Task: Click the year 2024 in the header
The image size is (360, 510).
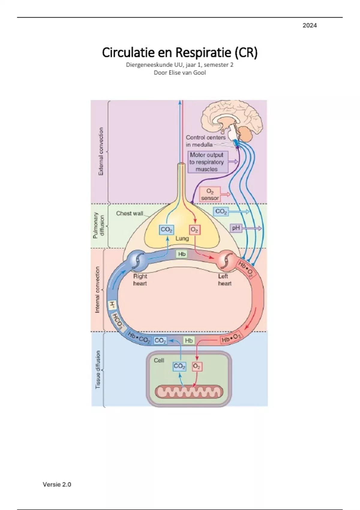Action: click(x=310, y=25)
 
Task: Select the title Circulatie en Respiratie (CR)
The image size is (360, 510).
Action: click(x=180, y=52)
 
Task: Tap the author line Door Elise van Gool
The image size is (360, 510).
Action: click(x=180, y=73)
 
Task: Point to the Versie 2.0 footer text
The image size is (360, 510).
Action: click(x=57, y=484)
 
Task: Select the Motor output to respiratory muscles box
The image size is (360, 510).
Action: click(x=207, y=162)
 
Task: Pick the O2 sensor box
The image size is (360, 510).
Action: click(x=210, y=195)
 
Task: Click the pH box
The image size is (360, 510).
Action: click(x=236, y=228)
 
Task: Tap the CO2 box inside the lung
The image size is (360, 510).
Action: click(x=166, y=230)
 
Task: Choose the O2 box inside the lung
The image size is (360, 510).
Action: click(x=194, y=230)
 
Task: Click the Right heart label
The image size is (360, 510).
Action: click(x=140, y=280)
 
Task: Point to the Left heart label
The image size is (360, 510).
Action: click(x=224, y=280)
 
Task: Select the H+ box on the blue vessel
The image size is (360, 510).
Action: click(x=112, y=305)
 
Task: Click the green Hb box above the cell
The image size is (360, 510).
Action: click(x=189, y=340)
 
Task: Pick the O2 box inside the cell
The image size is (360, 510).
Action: click(x=196, y=366)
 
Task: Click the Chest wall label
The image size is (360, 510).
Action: click(x=130, y=214)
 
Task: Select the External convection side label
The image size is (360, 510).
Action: click(x=101, y=151)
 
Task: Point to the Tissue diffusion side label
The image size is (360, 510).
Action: click(x=98, y=370)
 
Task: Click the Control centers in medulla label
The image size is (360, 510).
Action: click(x=205, y=141)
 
